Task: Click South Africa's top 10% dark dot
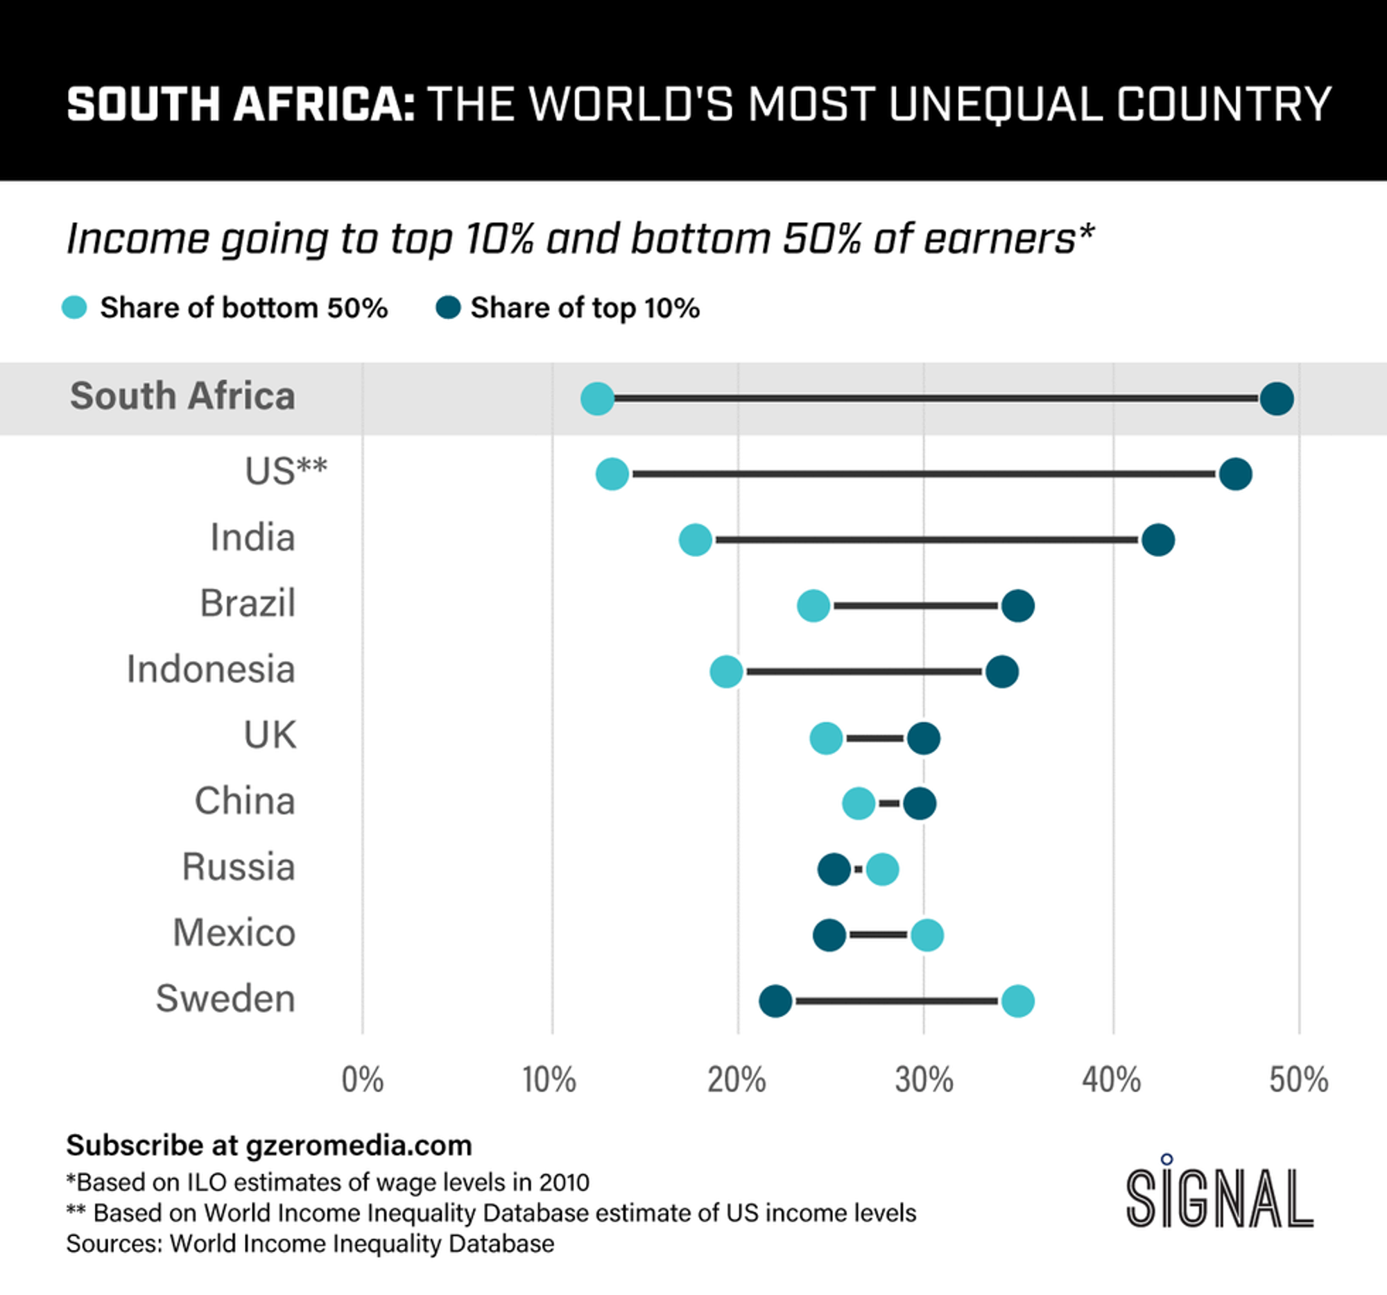(x=1277, y=399)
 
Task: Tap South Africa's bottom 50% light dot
(x=597, y=399)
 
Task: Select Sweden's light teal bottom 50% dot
(x=1017, y=1002)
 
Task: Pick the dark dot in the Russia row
(x=834, y=869)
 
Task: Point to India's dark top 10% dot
(x=1158, y=540)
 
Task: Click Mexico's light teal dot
(x=927, y=935)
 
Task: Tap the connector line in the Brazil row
(x=915, y=606)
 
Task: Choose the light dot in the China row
(x=858, y=804)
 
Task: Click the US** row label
(x=285, y=472)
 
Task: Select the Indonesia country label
(x=211, y=670)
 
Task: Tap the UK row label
(x=269, y=735)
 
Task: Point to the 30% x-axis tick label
(x=924, y=1080)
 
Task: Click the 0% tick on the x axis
(x=362, y=1080)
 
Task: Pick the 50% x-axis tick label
(x=1298, y=1080)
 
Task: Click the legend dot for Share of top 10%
(x=448, y=308)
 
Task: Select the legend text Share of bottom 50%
(x=243, y=309)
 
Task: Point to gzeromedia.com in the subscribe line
(x=359, y=1146)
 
